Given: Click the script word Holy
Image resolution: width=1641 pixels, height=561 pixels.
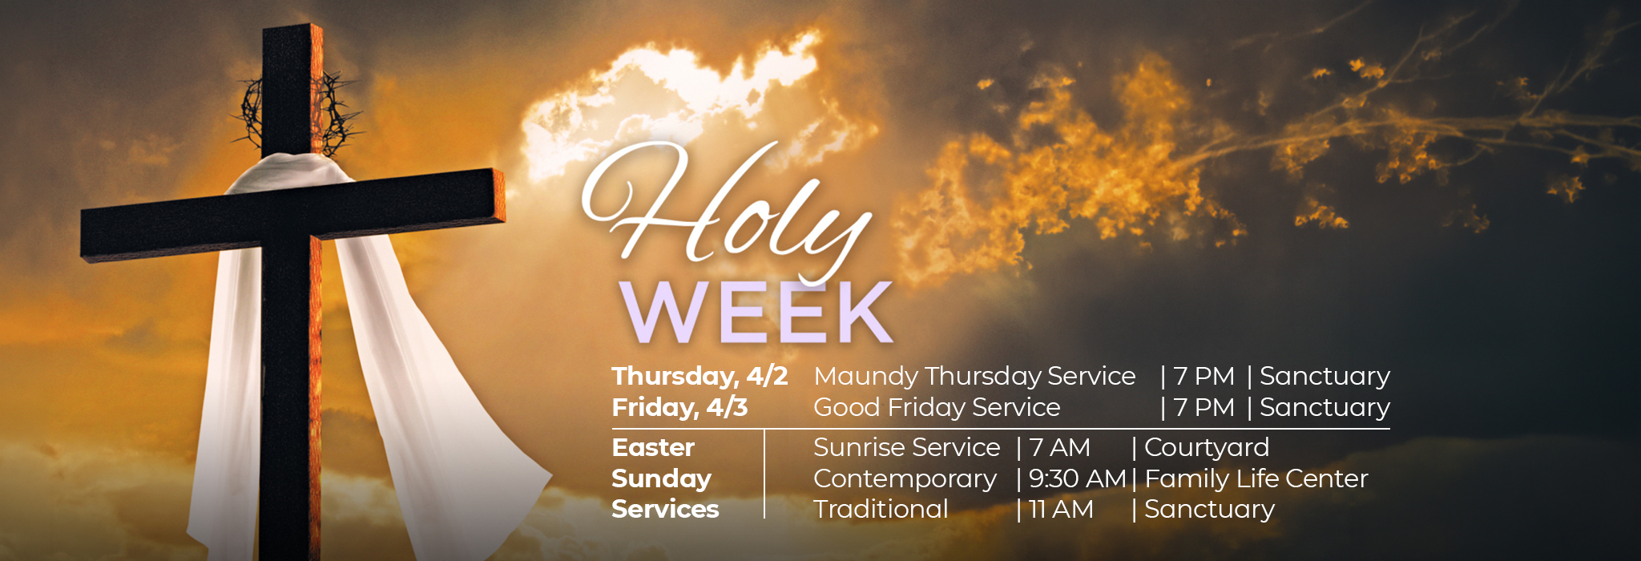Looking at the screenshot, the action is [725, 210].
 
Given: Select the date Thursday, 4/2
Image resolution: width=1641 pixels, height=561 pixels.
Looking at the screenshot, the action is [700, 377].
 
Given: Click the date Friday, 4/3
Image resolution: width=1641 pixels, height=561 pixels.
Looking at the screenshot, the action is [679, 408].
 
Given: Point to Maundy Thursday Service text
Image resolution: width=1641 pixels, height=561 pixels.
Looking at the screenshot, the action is [974, 377].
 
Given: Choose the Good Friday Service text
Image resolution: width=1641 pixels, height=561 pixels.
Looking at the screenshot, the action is [937, 407].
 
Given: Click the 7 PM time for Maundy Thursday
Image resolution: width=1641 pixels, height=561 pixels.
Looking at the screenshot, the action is [1204, 376].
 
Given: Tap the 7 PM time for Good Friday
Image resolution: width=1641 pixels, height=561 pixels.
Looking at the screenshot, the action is [1204, 407].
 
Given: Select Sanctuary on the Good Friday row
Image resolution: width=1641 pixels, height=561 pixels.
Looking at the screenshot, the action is [1324, 408].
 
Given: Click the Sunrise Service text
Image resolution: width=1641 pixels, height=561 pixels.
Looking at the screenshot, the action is [906, 447].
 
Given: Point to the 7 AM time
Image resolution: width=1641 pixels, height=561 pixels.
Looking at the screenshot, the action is [1059, 447].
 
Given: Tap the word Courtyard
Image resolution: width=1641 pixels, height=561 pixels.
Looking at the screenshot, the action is [1207, 448].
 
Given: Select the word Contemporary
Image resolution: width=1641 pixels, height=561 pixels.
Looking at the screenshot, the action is [905, 479].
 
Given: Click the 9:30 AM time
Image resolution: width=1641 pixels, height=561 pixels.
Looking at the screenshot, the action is [1078, 478].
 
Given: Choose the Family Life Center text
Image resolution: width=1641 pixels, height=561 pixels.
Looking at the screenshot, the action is [1256, 479].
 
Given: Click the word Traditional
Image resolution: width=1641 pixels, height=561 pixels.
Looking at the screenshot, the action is [881, 509].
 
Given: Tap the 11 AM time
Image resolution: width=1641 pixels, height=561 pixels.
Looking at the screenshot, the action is [1061, 509].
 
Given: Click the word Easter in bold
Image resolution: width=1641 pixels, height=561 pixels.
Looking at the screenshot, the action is [653, 447].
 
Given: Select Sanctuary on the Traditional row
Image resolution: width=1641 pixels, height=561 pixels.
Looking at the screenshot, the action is [1209, 510].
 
